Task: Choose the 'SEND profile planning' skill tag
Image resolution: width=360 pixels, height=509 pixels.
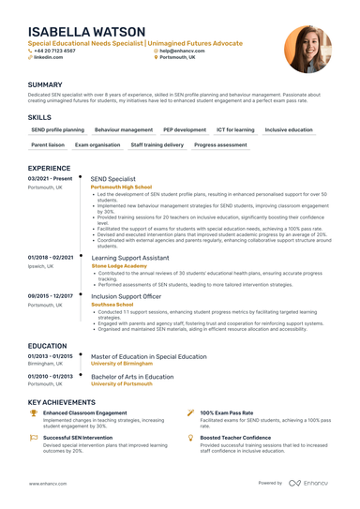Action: point(57,129)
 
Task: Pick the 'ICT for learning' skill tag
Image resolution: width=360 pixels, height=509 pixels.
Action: point(234,129)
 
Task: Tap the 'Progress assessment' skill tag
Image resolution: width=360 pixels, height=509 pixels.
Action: point(220,146)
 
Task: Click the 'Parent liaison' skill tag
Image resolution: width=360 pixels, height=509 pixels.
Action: point(47,146)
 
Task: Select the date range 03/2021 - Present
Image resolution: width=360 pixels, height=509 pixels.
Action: point(52,178)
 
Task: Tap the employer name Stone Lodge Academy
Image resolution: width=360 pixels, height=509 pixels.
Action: point(119,265)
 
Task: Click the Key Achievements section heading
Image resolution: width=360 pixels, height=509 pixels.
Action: point(67,400)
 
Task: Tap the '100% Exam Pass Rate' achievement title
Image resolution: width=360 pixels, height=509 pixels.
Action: point(231,412)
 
